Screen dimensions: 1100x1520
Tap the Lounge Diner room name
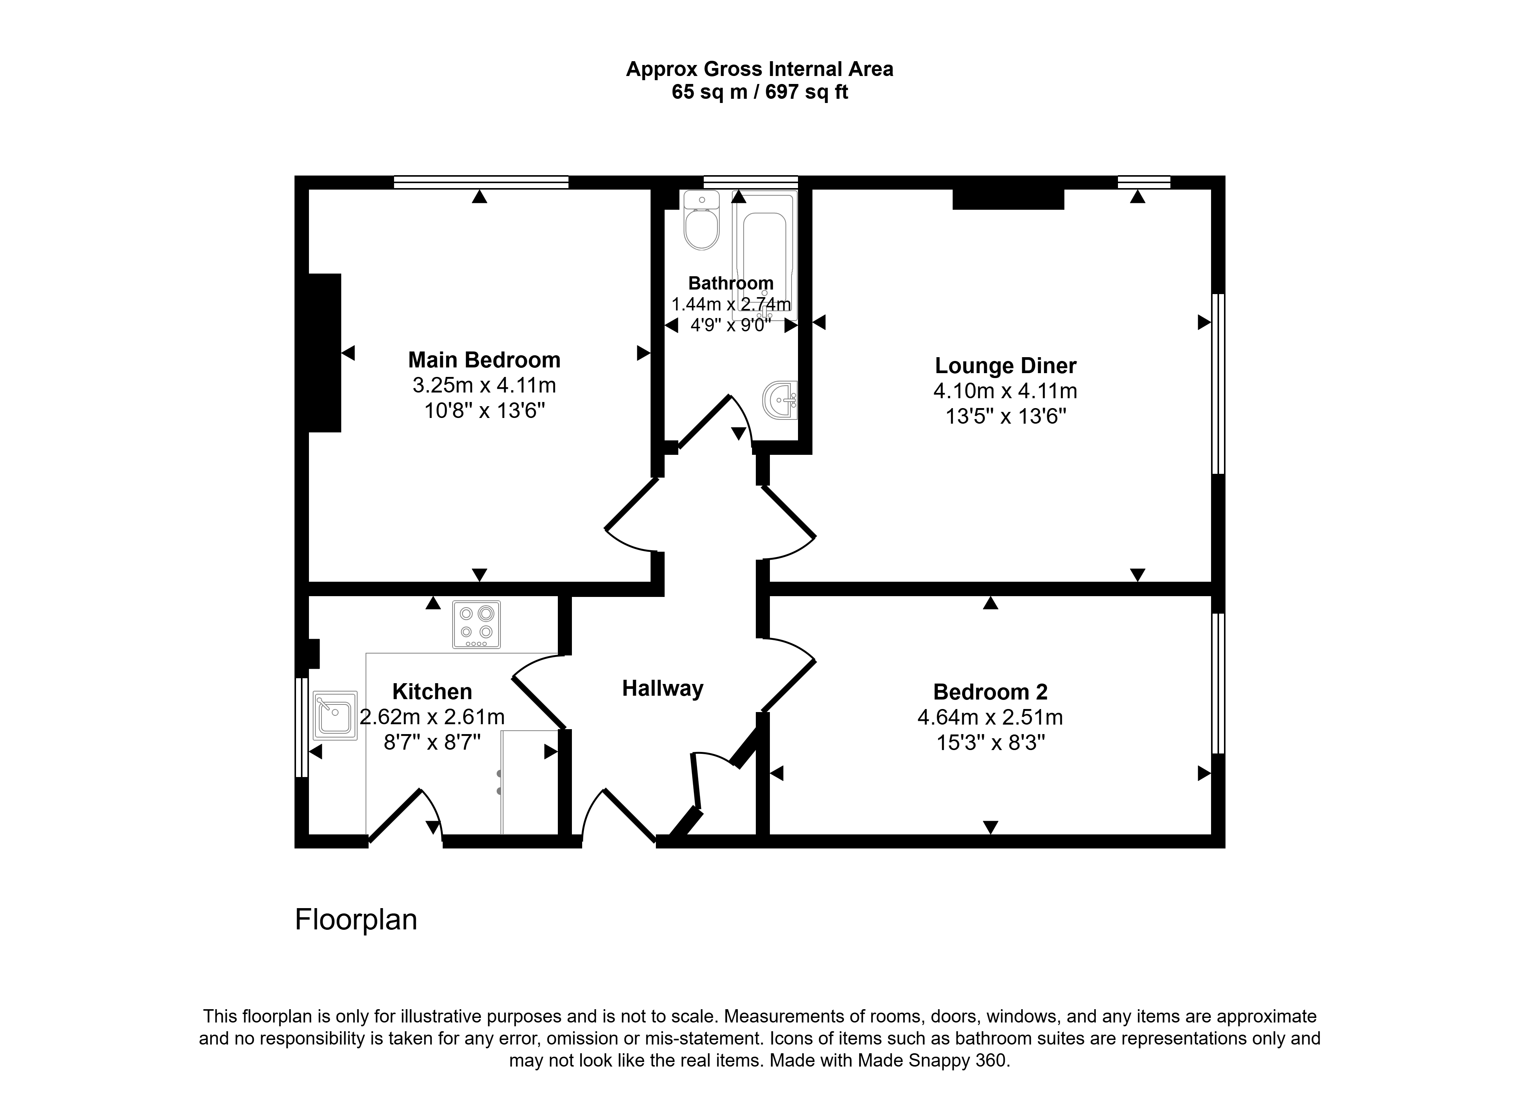pyautogui.click(x=1005, y=366)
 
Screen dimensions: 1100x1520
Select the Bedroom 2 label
pyautogui.click(x=990, y=692)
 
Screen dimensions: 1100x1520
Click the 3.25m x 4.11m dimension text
pyautogui.click(x=484, y=385)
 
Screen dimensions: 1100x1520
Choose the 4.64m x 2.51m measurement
pyautogui.click(x=990, y=718)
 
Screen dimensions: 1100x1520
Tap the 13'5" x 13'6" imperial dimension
pyautogui.click(x=1005, y=417)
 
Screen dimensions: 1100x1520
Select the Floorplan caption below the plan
pyautogui.click(x=356, y=920)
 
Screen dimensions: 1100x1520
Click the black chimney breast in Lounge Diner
pyautogui.click(x=1008, y=199)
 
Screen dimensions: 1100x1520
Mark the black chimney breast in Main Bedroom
pyautogui.click(x=325, y=353)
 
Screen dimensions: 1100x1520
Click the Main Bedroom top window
pyautogui.click(x=481, y=182)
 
